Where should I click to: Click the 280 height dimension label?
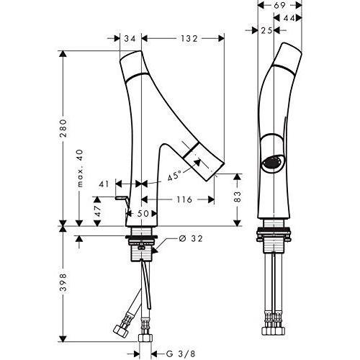point(63,128)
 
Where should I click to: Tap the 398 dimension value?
point(63,282)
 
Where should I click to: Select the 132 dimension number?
point(189,38)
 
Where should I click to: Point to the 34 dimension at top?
point(130,38)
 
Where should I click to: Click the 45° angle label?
point(174,176)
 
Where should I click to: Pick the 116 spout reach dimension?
point(184,199)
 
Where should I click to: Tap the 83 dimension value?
point(237,197)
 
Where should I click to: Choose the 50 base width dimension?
point(143,213)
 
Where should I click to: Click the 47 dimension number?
point(97,211)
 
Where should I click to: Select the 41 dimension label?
point(104,184)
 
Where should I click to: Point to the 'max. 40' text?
point(80,168)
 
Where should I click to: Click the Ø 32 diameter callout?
point(191,238)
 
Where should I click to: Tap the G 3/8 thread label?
point(181,354)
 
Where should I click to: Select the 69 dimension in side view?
point(279,5)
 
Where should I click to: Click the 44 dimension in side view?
point(289,18)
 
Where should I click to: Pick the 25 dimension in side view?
point(266,30)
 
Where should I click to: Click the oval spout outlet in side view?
point(272,163)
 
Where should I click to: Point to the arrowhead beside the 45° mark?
point(197,163)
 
